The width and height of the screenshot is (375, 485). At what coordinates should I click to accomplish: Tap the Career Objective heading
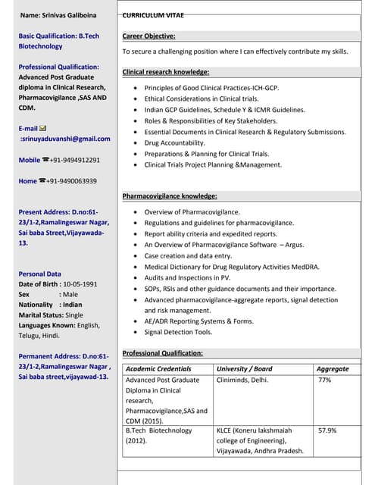(x=148, y=36)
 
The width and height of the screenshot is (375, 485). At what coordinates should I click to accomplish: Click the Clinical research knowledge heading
(x=165, y=72)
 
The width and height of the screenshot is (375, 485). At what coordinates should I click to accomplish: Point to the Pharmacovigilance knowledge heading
(x=170, y=196)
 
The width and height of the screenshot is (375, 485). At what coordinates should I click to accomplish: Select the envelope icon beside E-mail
(x=42, y=128)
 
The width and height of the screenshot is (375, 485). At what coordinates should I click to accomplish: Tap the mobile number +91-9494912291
(x=75, y=160)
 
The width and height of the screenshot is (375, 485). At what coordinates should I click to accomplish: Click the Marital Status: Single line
(x=51, y=314)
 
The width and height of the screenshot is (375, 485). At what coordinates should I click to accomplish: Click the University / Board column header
(x=244, y=369)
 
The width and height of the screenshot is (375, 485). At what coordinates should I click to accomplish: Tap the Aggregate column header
(x=333, y=369)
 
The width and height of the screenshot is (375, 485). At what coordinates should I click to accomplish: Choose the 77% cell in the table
(x=324, y=380)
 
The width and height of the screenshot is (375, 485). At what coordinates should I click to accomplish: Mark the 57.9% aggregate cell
(x=327, y=430)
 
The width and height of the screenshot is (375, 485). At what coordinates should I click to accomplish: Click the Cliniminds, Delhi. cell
(x=242, y=380)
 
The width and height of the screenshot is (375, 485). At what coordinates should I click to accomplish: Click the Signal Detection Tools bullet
(x=178, y=332)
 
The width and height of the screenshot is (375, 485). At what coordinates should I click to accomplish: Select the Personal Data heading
(x=40, y=274)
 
